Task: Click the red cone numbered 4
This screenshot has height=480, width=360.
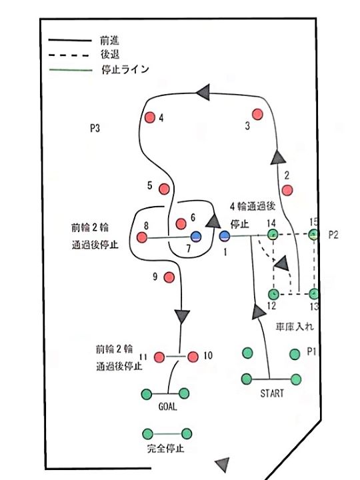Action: click(150, 117)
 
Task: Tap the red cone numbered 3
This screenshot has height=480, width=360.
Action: click(257, 114)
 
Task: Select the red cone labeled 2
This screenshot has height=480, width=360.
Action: click(287, 190)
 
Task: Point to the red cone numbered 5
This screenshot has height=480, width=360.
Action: click(165, 189)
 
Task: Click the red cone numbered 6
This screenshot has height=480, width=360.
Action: click(181, 224)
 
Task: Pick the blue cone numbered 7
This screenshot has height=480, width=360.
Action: click(196, 237)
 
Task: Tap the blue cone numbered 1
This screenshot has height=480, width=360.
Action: click(225, 236)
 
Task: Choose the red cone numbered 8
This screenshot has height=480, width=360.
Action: click(142, 237)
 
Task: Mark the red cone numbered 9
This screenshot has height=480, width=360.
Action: click(169, 277)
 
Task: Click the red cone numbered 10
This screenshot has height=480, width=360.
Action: click(193, 357)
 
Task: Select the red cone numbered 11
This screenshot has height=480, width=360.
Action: click(159, 357)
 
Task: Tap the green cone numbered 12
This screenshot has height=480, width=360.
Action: click(273, 294)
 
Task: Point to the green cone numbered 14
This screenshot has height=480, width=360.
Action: click(272, 235)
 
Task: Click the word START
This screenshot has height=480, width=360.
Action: click(272, 393)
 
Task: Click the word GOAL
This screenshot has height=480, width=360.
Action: click(167, 407)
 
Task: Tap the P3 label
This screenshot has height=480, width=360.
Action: click(95, 128)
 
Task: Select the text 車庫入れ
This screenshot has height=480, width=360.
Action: click(295, 327)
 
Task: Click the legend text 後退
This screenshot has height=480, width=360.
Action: click(110, 55)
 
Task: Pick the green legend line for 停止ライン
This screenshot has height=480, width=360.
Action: click(71, 70)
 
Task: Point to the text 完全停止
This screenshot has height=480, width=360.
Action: click(165, 449)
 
